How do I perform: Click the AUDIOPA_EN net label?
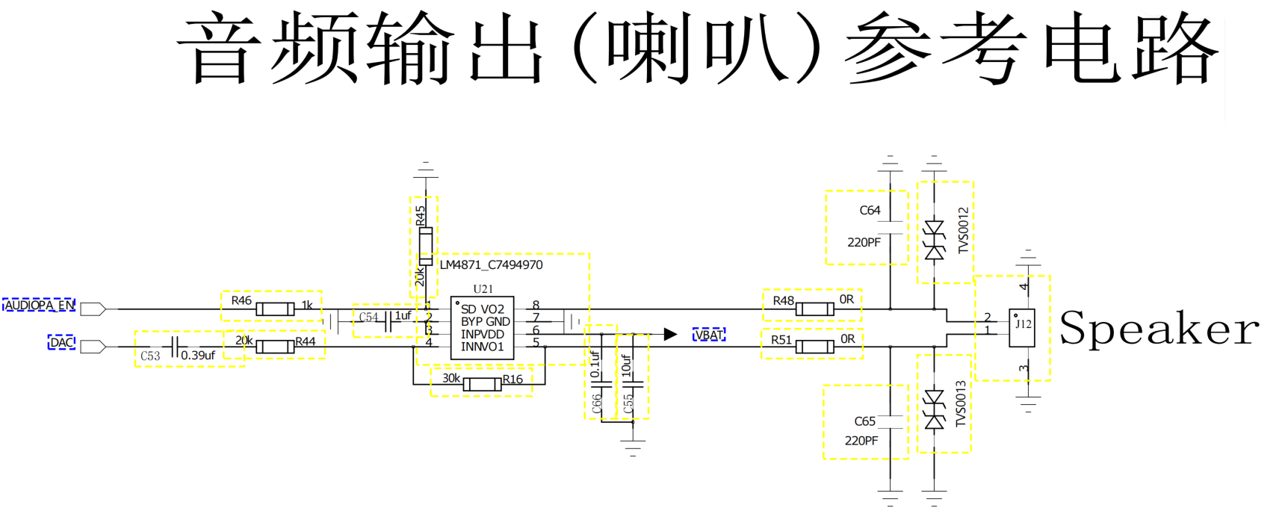(x=40, y=306)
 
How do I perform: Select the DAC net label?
(x=62, y=342)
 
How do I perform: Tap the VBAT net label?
(x=708, y=335)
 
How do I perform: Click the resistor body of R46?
(x=275, y=309)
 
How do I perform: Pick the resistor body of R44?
(x=275, y=347)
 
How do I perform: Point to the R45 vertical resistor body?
(x=425, y=246)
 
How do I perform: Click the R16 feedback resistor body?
(x=482, y=384)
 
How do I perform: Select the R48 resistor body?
(x=815, y=309)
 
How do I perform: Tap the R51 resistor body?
(x=815, y=347)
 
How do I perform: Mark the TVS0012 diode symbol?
(x=934, y=241)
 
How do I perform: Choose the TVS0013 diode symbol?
(x=934, y=409)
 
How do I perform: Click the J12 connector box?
(x=1021, y=328)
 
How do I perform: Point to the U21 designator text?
(x=483, y=289)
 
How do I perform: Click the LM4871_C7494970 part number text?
(x=491, y=265)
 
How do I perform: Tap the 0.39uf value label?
(x=198, y=355)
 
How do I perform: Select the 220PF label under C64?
(x=864, y=242)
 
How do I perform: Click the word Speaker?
(x=1159, y=329)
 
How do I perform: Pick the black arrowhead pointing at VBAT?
(x=670, y=334)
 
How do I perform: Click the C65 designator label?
(x=864, y=421)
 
